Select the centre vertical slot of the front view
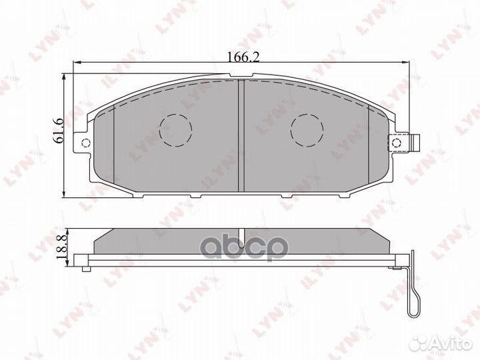(242, 133)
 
